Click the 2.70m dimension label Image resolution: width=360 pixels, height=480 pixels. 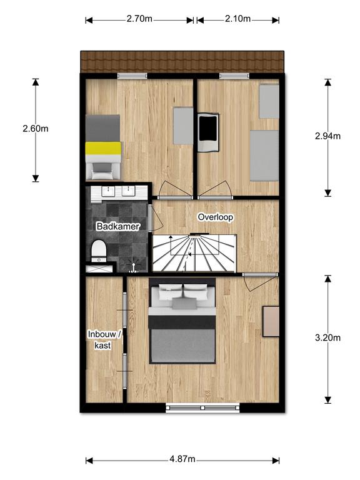point(139,19)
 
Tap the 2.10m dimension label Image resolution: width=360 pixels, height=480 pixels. point(238,19)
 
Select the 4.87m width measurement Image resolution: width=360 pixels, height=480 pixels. point(182,459)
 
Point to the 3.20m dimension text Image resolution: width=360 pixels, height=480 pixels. point(327,337)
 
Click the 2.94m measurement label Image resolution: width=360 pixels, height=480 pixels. point(327,136)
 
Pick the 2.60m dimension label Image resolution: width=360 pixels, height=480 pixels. point(36,128)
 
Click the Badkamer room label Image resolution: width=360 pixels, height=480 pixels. point(118,226)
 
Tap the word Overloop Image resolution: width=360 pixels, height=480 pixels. point(216,217)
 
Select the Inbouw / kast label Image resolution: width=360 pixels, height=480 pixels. point(104,339)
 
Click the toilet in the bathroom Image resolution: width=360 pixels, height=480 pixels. point(99,251)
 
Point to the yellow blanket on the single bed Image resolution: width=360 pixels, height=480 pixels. point(103,148)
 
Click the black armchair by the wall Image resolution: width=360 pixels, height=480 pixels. point(208,132)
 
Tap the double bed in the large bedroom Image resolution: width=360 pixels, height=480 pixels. point(182,321)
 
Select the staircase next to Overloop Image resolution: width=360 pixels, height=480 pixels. point(195,253)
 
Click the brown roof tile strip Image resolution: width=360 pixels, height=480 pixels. point(182,62)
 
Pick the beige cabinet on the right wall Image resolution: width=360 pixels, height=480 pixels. point(271,321)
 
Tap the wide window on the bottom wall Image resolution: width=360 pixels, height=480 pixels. point(202,407)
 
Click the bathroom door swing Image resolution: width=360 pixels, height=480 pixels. point(157,217)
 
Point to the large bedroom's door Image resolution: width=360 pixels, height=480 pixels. point(261,282)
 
